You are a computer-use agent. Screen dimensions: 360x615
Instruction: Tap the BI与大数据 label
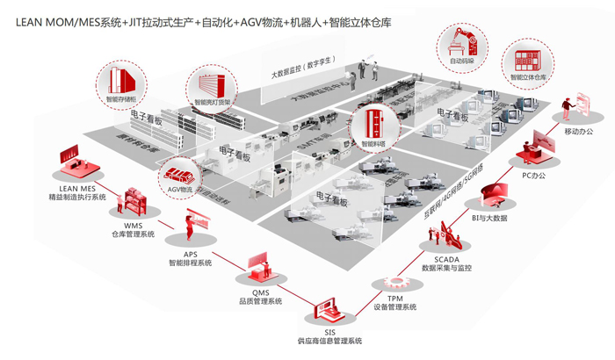pyautogui.click(x=488, y=217)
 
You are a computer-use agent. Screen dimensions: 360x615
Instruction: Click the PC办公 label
pyautogui.click(x=534, y=176)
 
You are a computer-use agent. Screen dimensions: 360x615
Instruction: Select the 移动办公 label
pyautogui.click(x=579, y=131)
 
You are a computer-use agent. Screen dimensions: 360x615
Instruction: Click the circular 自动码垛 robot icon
pyautogui.click(x=462, y=47)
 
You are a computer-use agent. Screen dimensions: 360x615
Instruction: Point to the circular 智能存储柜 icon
pyautogui.click(x=121, y=82)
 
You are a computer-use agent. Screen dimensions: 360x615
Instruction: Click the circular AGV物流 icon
pyautogui.click(x=179, y=180)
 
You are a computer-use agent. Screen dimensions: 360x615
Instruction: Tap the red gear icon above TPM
pyautogui.click(x=397, y=281)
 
